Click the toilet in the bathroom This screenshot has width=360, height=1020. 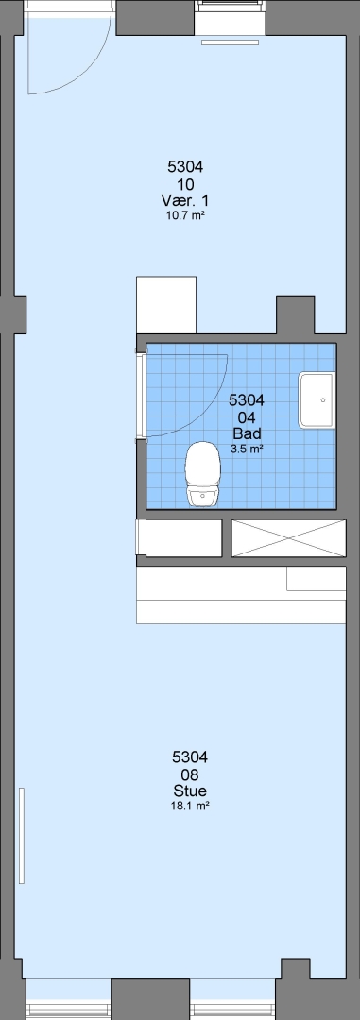tap(202, 473)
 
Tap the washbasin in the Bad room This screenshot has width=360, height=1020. tap(317, 400)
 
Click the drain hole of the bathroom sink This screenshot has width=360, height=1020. tap(323, 400)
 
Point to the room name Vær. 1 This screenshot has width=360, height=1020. tap(185, 199)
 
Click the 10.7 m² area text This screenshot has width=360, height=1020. tap(185, 215)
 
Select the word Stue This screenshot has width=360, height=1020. tap(190, 790)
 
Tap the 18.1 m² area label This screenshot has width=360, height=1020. tap(189, 806)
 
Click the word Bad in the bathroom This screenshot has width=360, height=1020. tap(246, 433)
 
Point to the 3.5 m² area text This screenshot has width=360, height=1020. tap(247, 449)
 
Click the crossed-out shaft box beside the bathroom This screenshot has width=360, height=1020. tap(288, 538)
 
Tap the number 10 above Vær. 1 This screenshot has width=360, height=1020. tap(185, 184)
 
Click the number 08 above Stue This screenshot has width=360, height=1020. tap(190, 774)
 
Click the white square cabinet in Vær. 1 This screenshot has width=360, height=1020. tap(166, 305)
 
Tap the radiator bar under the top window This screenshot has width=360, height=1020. tap(230, 42)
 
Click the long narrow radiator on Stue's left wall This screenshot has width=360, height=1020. tap(22, 835)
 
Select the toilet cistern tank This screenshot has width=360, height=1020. tap(202, 497)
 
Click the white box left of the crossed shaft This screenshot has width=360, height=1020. tap(179, 538)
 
